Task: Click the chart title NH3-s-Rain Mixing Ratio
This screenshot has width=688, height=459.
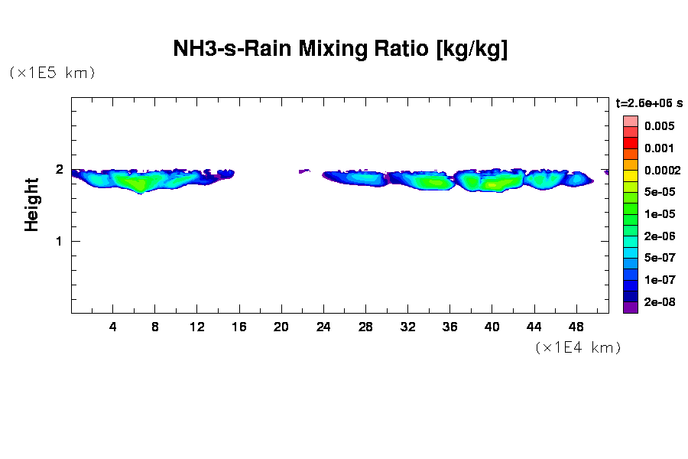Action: click(x=341, y=50)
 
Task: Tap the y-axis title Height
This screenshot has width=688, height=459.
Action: click(x=31, y=204)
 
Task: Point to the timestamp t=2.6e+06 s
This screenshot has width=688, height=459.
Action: click(x=649, y=103)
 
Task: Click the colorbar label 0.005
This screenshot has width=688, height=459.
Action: click(x=659, y=125)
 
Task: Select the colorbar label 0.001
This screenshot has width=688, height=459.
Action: click(x=659, y=148)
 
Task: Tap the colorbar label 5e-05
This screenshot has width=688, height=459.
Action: click(x=659, y=192)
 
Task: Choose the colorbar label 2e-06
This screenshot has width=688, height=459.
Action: click(x=659, y=236)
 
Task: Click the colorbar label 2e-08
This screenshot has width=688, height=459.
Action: click(x=659, y=303)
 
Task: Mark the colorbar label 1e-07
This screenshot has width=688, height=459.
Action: click(x=659, y=281)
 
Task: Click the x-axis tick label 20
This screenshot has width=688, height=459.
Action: click(x=281, y=327)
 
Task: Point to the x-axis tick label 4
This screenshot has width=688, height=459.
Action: click(x=113, y=327)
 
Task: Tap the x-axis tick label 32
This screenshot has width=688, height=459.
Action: click(x=407, y=327)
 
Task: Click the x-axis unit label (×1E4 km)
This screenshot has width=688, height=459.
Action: click(x=578, y=348)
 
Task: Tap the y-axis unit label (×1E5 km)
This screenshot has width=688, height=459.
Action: click(x=52, y=73)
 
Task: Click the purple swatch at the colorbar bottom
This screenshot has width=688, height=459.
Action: click(x=630, y=308)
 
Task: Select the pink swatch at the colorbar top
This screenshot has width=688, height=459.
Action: click(x=630, y=121)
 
